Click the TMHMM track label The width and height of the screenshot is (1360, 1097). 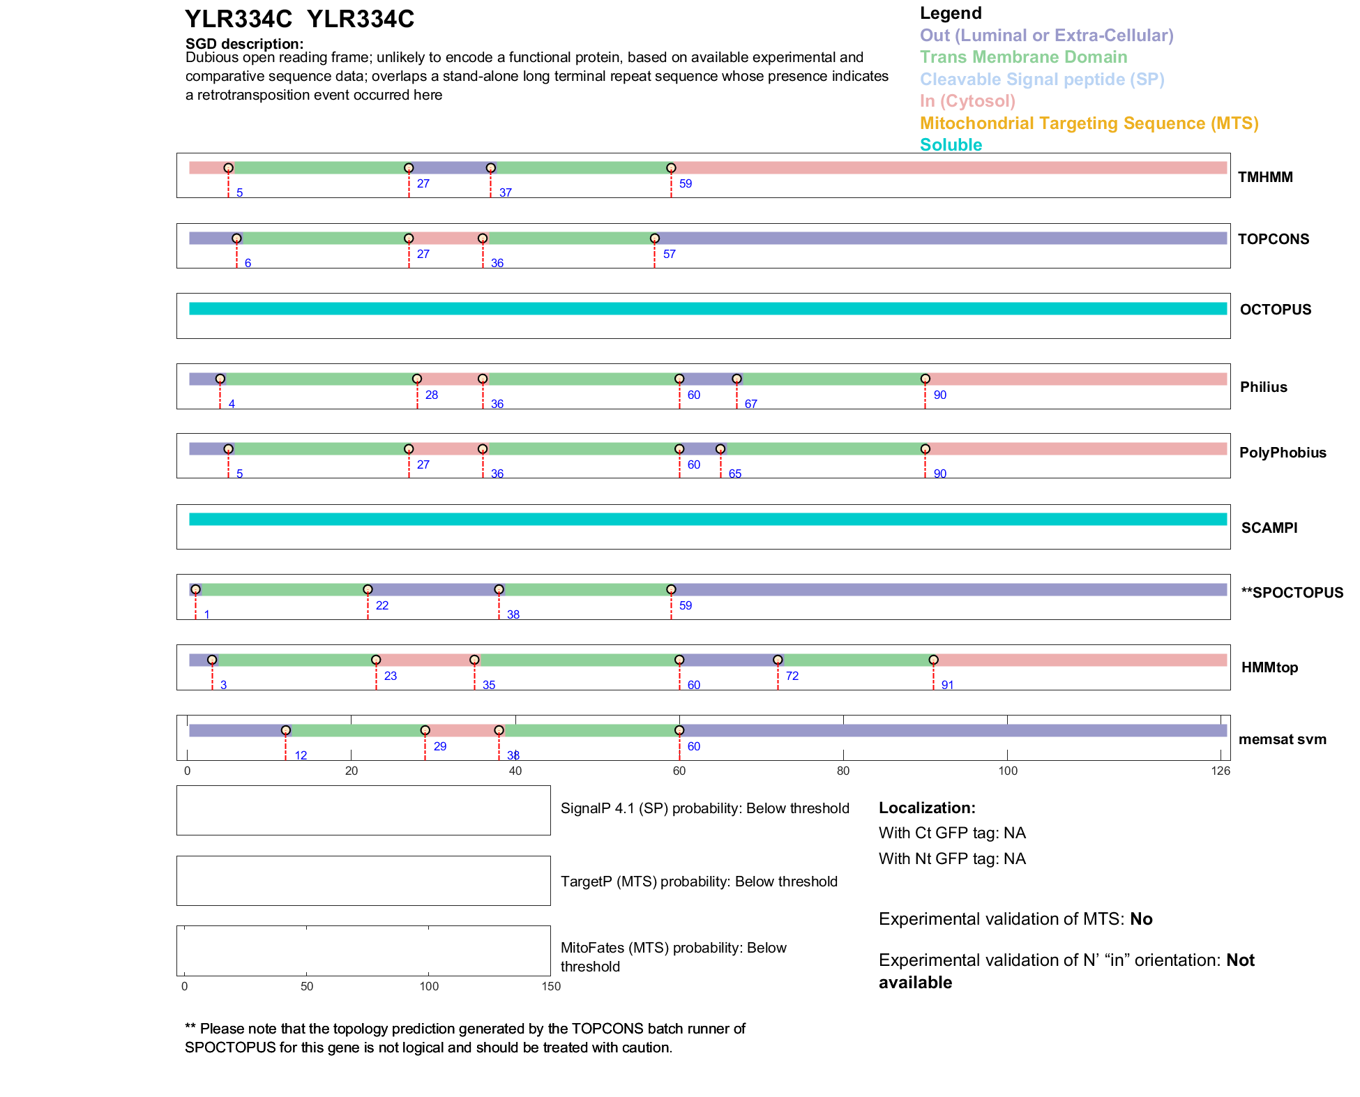(1264, 177)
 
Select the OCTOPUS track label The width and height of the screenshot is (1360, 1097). (1275, 310)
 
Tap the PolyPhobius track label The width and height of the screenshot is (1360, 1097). (1282, 453)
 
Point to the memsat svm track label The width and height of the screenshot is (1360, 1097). (1282, 739)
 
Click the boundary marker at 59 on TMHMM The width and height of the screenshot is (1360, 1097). (671, 168)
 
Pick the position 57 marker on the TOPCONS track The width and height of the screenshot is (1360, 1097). (654, 239)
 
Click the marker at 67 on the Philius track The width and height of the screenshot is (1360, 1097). (736, 379)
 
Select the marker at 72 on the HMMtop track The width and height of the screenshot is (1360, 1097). (778, 660)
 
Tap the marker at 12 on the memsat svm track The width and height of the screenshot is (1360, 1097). (285, 730)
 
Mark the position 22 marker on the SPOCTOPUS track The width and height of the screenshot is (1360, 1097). (368, 589)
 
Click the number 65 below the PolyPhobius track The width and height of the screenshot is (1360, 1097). (735, 474)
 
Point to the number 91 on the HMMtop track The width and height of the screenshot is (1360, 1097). (947, 686)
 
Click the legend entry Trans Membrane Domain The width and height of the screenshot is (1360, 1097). (1023, 57)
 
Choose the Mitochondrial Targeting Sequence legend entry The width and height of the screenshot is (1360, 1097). (1089, 123)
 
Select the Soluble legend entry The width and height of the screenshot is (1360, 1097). (951, 145)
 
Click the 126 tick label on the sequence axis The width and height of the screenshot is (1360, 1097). (1221, 771)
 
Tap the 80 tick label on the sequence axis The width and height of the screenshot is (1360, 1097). (843, 771)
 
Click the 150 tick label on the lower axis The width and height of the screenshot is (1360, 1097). (551, 986)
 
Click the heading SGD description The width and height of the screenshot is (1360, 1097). (244, 44)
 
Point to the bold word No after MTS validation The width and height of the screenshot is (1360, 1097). (1141, 919)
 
